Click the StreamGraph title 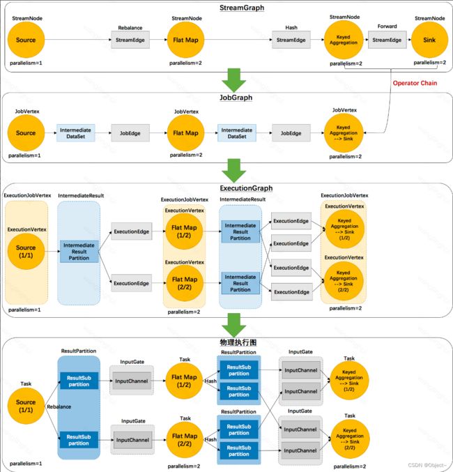click(x=242, y=8)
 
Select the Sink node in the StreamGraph click(x=429, y=40)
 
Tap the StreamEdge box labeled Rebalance click(x=130, y=40)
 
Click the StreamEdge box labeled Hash click(x=291, y=40)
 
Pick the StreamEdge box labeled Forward click(x=387, y=40)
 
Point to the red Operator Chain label click(x=415, y=83)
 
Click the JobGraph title click(x=236, y=98)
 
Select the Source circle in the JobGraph click(x=26, y=133)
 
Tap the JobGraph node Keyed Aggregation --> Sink click(x=344, y=133)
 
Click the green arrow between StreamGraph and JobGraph click(x=234, y=80)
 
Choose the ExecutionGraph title click(x=246, y=188)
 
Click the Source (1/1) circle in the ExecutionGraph click(x=26, y=252)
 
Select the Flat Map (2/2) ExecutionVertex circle click(x=185, y=283)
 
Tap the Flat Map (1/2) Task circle click(x=184, y=381)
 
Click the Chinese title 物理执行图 click(x=238, y=342)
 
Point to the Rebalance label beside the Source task click(x=59, y=406)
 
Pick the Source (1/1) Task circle click(x=26, y=406)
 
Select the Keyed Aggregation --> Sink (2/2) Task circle click(x=350, y=439)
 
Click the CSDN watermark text click(x=427, y=465)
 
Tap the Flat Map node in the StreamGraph click(x=185, y=40)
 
